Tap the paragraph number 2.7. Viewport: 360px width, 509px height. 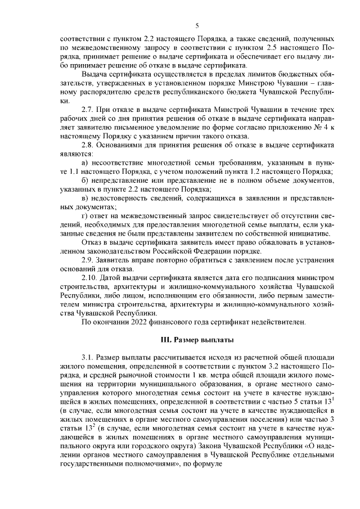(88, 107)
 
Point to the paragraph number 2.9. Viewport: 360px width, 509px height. (88, 259)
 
